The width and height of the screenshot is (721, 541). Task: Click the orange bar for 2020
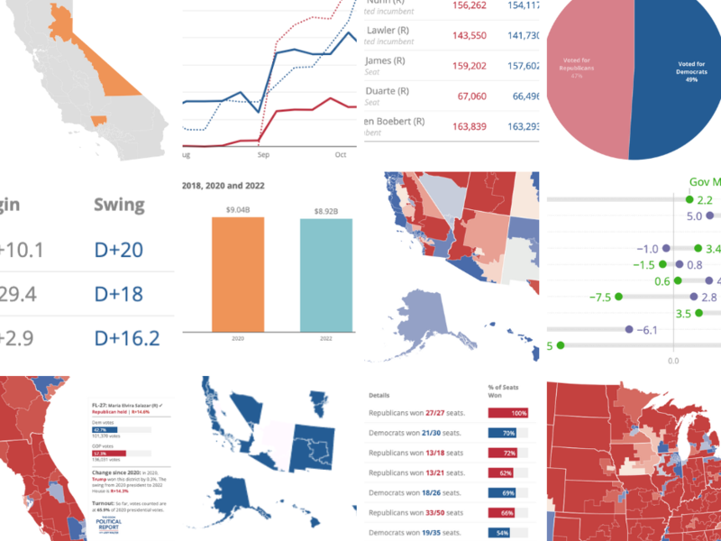(238, 274)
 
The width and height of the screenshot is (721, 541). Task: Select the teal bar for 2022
(326, 276)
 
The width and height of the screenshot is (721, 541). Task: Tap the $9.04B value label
(238, 210)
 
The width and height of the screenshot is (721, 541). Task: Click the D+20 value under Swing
(119, 249)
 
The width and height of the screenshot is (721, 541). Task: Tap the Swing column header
(119, 204)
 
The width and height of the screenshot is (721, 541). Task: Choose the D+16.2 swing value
(126, 338)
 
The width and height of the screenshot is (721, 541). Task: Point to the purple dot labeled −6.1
(628, 330)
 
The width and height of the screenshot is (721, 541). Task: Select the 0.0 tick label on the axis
(673, 360)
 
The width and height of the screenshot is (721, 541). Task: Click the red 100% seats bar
(507, 413)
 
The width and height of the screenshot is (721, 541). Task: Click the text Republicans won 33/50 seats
(415, 513)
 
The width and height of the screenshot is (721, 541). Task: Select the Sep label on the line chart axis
(264, 155)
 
